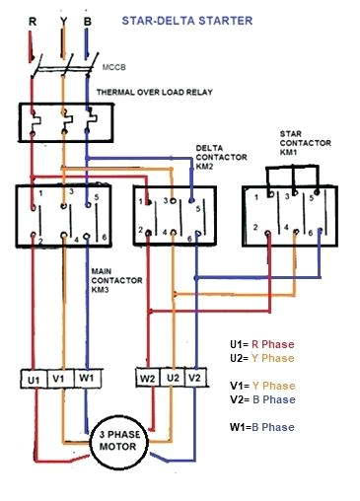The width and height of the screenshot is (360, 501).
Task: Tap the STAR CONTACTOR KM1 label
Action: (x=302, y=143)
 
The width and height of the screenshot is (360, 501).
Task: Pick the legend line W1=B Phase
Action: (x=262, y=426)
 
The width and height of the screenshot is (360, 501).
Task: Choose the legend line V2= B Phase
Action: (x=261, y=399)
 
